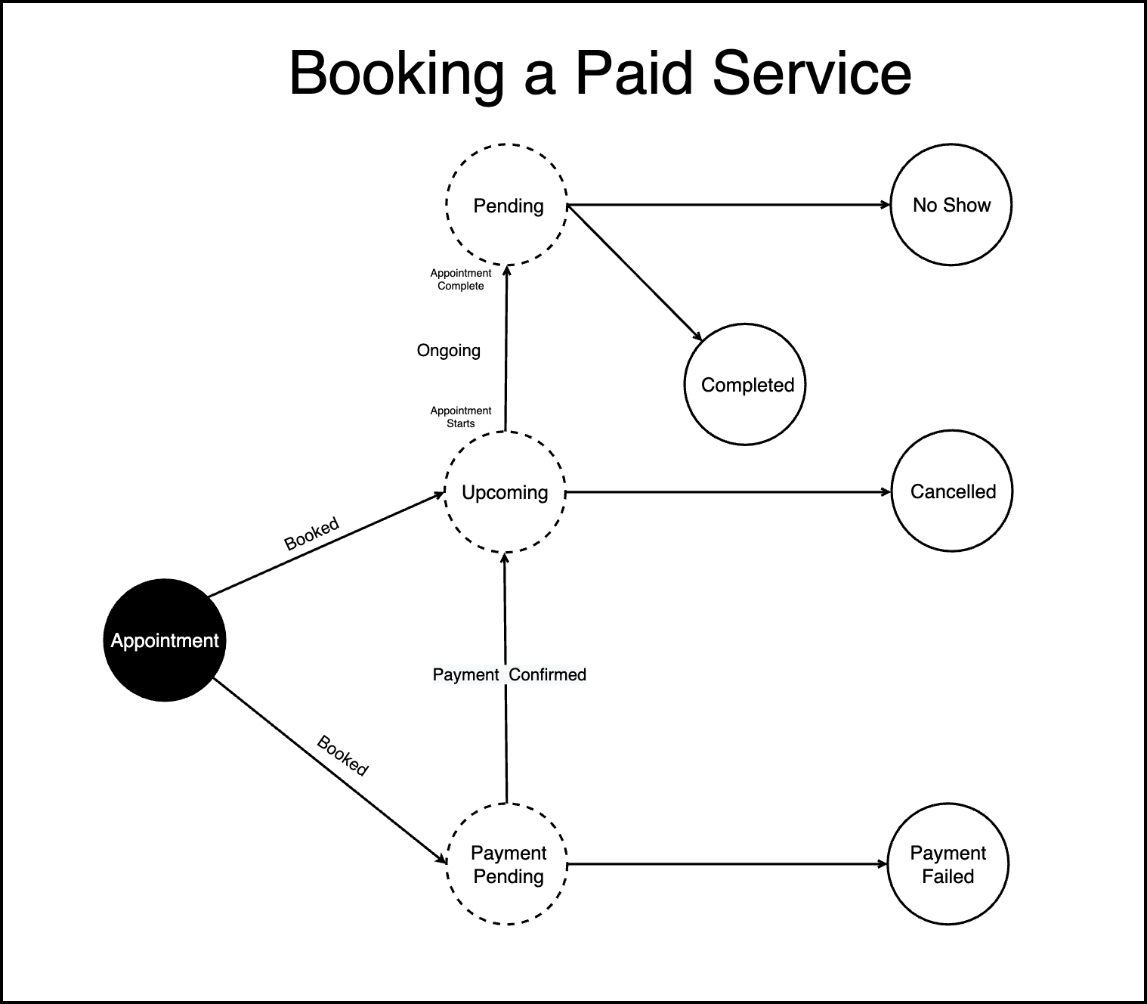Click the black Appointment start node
(x=164, y=640)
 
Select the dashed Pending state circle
(x=507, y=205)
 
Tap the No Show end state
(x=951, y=205)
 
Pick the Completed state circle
(x=745, y=384)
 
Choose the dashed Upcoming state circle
(x=505, y=492)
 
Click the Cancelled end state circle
(x=952, y=491)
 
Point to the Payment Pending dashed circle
(x=508, y=864)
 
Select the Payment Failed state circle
(x=948, y=864)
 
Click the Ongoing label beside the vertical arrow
(x=449, y=350)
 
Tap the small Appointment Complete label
(x=461, y=280)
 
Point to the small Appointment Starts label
(x=461, y=417)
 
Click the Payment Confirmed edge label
(x=509, y=674)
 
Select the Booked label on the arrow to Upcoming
(x=311, y=534)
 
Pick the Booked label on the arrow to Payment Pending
(x=342, y=755)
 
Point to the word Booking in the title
(x=396, y=73)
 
